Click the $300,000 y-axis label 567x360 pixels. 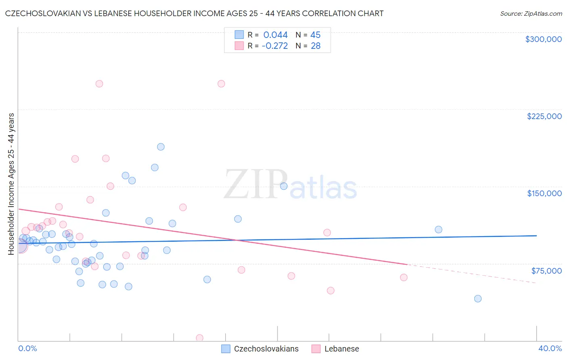coord(543,39)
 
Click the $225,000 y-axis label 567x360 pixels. coord(544,116)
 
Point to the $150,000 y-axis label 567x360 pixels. coord(544,193)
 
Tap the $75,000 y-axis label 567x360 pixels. coord(546,270)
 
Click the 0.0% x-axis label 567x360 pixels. coord(27,348)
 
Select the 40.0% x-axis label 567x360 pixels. coord(550,348)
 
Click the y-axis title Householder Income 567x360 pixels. coord(11,184)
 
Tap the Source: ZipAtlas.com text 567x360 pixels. coord(531,13)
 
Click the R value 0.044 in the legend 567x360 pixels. coord(275,35)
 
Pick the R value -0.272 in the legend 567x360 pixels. coord(275,46)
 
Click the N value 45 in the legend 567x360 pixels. coord(315,35)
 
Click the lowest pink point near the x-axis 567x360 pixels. coord(199,338)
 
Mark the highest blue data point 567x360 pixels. coord(161,147)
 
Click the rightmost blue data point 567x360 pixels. coord(478,299)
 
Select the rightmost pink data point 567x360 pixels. coord(404,277)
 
